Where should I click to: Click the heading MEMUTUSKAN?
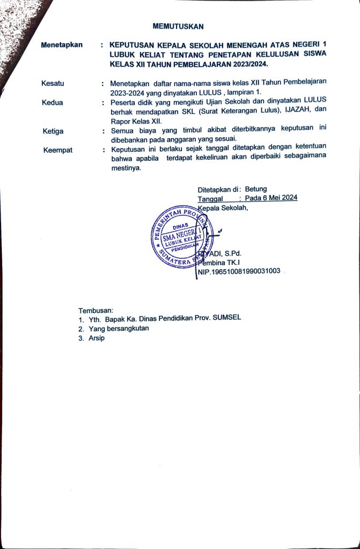click(178, 26)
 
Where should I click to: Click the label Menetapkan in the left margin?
click(62, 45)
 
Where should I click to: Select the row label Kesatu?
click(53, 83)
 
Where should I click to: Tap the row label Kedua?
click(52, 102)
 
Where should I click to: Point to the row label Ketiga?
click(53, 130)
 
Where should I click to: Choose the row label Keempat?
click(58, 150)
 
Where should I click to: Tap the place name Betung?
click(256, 189)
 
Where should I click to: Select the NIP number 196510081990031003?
click(244, 272)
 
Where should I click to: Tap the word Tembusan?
click(96, 310)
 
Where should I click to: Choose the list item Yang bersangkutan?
click(119, 329)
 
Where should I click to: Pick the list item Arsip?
click(97, 339)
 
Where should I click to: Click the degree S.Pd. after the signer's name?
click(232, 253)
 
